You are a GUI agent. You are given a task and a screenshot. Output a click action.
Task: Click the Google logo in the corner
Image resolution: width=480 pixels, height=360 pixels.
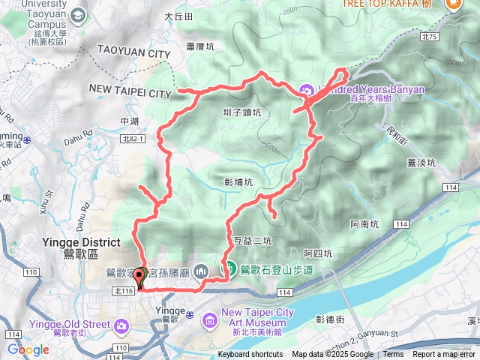(x=28, y=349)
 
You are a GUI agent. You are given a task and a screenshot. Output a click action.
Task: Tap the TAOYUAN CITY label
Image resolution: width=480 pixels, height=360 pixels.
(x=133, y=54)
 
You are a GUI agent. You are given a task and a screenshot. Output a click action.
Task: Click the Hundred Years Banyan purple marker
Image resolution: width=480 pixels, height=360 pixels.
(x=307, y=89)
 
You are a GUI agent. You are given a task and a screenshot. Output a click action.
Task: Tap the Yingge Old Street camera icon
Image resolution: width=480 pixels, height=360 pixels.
(x=121, y=325)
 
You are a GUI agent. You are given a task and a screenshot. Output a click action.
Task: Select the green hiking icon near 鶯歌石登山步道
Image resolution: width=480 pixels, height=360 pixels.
(x=229, y=268)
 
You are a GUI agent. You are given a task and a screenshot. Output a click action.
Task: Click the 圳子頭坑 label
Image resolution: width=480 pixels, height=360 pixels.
(x=242, y=113)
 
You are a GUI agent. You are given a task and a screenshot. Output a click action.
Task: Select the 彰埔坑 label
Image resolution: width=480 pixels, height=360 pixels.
(x=238, y=181)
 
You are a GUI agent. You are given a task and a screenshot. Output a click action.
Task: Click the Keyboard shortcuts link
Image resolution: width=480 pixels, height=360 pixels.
(x=250, y=355)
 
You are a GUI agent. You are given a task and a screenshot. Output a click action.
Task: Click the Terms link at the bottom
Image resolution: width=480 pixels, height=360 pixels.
(x=393, y=355)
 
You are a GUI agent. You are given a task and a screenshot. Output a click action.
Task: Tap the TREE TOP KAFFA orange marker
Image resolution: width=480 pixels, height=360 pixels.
(x=453, y=4)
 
